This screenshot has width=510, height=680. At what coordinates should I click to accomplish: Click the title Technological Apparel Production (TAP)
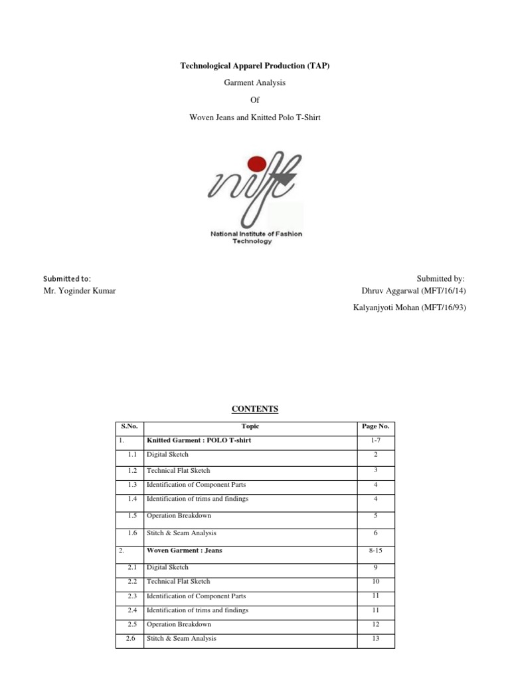256,66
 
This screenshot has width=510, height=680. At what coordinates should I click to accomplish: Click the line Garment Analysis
256,82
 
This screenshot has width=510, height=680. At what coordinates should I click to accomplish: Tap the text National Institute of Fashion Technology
256,238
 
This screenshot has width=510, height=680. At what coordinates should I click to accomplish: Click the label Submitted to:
66,278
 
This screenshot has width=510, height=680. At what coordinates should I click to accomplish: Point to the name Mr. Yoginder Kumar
79,291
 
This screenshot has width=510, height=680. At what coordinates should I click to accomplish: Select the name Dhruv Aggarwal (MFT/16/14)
413,291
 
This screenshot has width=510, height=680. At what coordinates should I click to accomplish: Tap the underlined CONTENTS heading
256,409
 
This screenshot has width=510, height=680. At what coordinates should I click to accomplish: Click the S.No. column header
129,426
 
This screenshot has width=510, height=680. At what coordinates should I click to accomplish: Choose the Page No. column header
376,426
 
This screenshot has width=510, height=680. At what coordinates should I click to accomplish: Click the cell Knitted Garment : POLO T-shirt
199,440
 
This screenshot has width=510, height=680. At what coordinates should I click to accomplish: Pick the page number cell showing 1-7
376,440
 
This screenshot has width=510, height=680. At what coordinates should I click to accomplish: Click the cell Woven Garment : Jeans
188,551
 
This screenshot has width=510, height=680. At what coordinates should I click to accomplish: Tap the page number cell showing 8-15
376,551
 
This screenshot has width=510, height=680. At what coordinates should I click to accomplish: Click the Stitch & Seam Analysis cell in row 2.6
181,638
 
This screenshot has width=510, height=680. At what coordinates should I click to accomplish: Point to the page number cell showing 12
376,625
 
